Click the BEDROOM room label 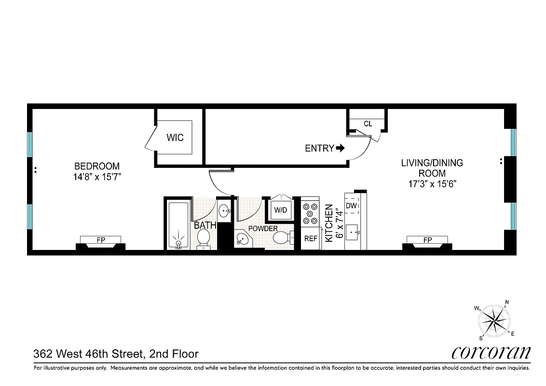click(x=94, y=166)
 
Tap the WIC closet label click(x=175, y=138)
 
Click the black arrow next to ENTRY click(x=340, y=148)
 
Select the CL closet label click(x=368, y=124)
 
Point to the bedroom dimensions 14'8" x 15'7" click(x=94, y=177)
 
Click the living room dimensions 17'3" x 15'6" click(x=432, y=184)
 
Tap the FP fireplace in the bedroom click(x=101, y=240)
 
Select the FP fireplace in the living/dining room click(x=427, y=240)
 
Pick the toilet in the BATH click(x=204, y=238)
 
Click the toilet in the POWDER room click(x=281, y=237)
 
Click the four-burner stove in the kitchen click(x=310, y=213)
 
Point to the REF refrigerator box click(x=310, y=238)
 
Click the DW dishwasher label click(x=351, y=206)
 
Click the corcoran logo click(x=491, y=353)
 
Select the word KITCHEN click(x=329, y=223)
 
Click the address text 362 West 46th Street click(x=88, y=354)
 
